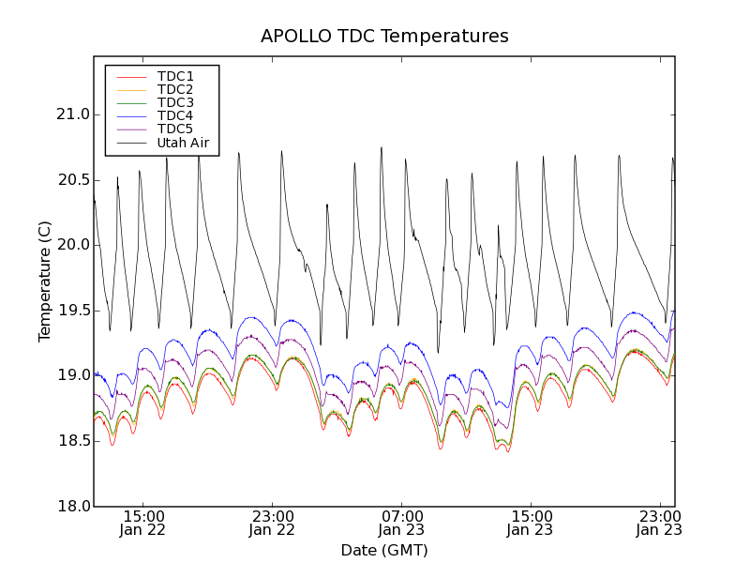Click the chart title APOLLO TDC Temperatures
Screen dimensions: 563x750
pyautogui.click(x=384, y=37)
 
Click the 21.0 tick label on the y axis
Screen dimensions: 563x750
pyautogui.click(x=71, y=114)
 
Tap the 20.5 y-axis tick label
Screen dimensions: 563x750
pyautogui.click(x=71, y=180)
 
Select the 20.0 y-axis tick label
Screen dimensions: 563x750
pyautogui.click(x=71, y=245)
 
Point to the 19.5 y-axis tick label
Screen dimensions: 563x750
pyautogui.click(x=71, y=311)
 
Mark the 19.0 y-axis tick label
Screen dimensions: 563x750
pyautogui.click(x=71, y=375)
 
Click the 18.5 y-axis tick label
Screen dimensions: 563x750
pyautogui.click(x=71, y=441)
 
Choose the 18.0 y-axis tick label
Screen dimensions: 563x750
pyautogui.click(x=71, y=506)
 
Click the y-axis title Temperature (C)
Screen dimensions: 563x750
pyautogui.click(x=45, y=281)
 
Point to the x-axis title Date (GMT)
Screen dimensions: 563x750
pyautogui.click(x=384, y=550)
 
